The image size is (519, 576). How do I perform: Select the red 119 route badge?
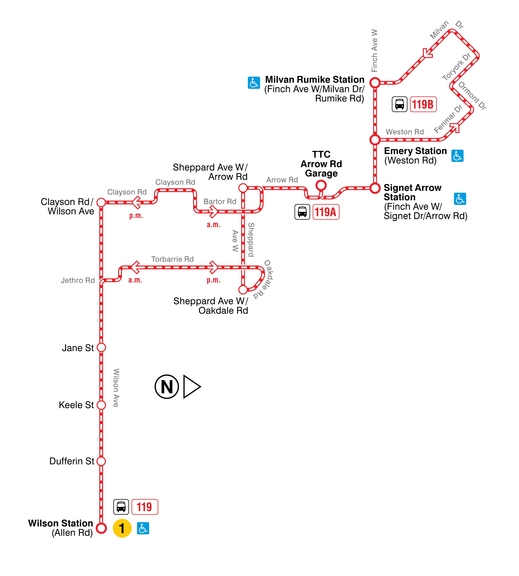145,507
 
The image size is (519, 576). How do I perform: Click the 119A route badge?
326,212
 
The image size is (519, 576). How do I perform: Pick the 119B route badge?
423,104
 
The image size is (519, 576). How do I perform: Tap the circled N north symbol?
167,387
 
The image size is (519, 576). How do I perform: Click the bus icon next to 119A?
302,212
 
